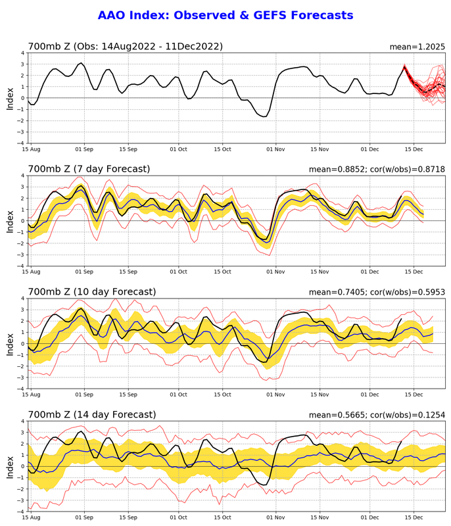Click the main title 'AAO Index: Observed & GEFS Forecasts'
(225, 15)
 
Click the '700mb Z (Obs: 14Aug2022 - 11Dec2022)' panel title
(125, 46)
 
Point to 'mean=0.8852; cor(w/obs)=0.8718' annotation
(377, 170)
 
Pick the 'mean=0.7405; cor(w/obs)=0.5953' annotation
(377, 292)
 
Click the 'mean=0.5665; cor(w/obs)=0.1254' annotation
(377, 415)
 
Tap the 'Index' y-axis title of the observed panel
(10, 98)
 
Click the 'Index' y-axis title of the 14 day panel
(10, 466)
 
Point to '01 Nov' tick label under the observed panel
(275, 149)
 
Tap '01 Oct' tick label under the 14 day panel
(179, 517)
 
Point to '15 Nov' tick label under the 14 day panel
(320, 517)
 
